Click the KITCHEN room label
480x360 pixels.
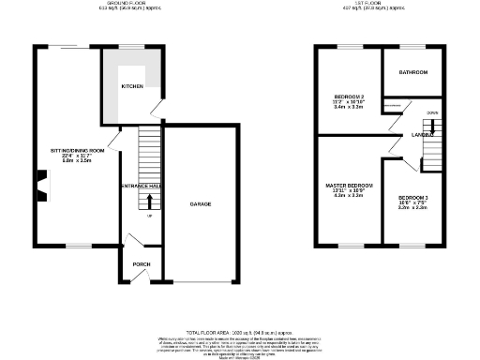pyautogui.click(x=132, y=87)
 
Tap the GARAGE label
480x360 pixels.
pyautogui.click(x=201, y=203)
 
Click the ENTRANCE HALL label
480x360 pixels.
pyautogui.click(x=141, y=186)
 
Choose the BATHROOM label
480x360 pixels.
pyautogui.click(x=412, y=72)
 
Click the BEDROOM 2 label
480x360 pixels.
pyautogui.click(x=349, y=97)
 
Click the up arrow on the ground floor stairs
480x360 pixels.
pyautogui.click(x=148, y=202)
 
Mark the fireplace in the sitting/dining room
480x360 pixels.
pyautogui.click(x=41, y=185)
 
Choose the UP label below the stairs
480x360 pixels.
pyautogui.click(x=148, y=217)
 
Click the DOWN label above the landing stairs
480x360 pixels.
pyautogui.click(x=432, y=112)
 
